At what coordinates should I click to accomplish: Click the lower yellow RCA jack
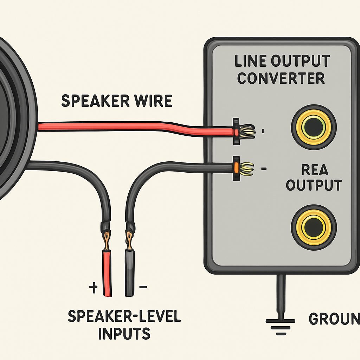pyautogui.click(x=314, y=227)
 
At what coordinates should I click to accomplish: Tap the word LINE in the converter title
pyautogui.click(x=251, y=61)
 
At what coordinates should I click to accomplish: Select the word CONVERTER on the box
pyautogui.click(x=281, y=78)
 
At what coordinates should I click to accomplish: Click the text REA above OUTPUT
pyautogui.click(x=315, y=170)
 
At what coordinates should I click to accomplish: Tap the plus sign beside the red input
pyautogui.click(x=94, y=288)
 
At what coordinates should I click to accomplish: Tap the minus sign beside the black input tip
pyautogui.click(x=143, y=287)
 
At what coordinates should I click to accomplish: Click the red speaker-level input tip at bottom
pyautogui.click(x=107, y=273)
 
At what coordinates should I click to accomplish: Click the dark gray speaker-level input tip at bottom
pyautogui.click(x=130, y=273)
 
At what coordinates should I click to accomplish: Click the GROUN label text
pyautogui.click(x=334, y=319)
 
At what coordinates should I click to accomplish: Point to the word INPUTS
pyautogui.click(x=124, y=333)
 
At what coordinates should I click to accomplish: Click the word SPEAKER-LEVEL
pyautogui.click(x=124, y=316)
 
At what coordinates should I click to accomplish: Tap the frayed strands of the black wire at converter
pyautogui.click(x=246, y=169)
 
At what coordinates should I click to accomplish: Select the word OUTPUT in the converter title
pyautogui.click(x=301, y=61)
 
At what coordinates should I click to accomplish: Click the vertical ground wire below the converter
pyautogui.click(x=281, y=292)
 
